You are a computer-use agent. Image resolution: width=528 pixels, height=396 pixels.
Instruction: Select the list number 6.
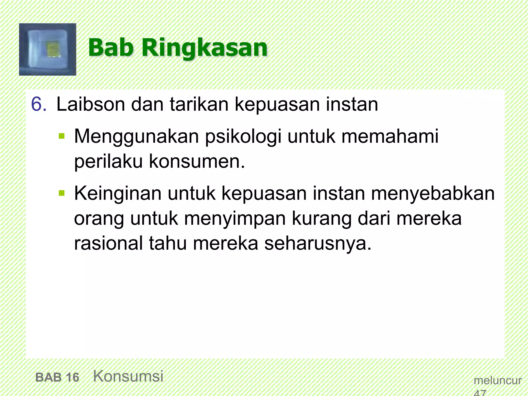[x=39, y=104]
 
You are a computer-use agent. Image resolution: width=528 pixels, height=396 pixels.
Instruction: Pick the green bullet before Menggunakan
[x=62, y=136]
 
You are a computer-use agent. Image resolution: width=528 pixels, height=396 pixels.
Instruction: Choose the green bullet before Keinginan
[x=62, y=193]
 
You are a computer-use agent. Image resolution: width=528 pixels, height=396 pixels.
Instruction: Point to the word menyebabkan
[x=433, y=193]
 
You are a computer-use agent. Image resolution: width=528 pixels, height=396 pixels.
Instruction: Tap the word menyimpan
[x=234, y=219]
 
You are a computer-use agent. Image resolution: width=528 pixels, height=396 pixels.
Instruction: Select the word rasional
[x=108, y=243]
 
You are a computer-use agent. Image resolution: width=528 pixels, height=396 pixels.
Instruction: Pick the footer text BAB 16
[x=57, y=377]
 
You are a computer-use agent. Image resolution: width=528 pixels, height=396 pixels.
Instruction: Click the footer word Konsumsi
[x=128, y=376]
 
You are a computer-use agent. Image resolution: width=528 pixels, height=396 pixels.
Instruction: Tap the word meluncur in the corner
[x=498, y=381]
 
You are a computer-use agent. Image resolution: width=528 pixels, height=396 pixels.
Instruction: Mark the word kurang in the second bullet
[x=321, y=219]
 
